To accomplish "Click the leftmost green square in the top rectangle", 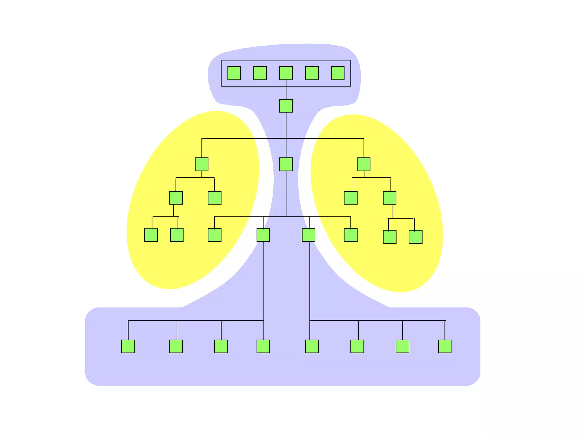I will tap(234, 73).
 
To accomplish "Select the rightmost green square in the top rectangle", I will tap(338, 73).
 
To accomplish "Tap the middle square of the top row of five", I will tap(286, 73).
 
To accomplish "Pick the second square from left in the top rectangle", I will tap(260, 73).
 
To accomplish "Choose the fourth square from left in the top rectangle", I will tap(312, 73).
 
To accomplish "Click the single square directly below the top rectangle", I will tap(286, 106).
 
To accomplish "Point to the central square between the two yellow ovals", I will tap(286, 164).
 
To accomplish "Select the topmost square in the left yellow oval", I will tap(202, 164).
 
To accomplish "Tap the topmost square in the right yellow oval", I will tap(364, 164).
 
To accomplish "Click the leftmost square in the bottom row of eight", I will tap(128, 346).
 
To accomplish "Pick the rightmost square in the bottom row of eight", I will tap(445, 346).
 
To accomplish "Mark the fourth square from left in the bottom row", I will tap(263, 346).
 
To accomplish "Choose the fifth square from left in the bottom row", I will tap(312, 346).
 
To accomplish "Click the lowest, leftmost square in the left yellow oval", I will tap(151, 235).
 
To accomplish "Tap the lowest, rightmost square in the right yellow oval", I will tap(415, 237).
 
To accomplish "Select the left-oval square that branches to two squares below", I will tap(176, 198).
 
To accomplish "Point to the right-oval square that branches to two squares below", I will tap(390, 198).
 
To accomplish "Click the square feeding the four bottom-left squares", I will tap(263, 235).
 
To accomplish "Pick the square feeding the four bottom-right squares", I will tap(309, 235).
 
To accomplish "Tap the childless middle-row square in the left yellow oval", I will tap(214, 198).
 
